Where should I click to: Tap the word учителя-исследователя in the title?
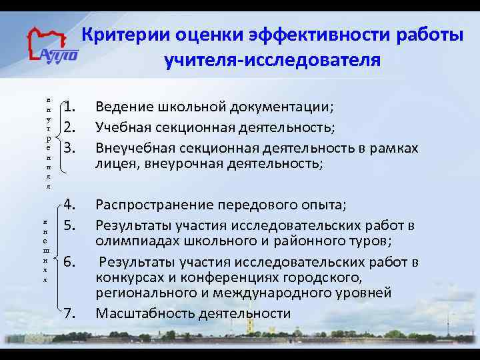point(273,60)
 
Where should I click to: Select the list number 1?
point(73,107)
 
